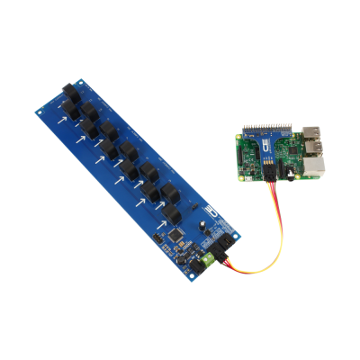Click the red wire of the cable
[x=261, y=256]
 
